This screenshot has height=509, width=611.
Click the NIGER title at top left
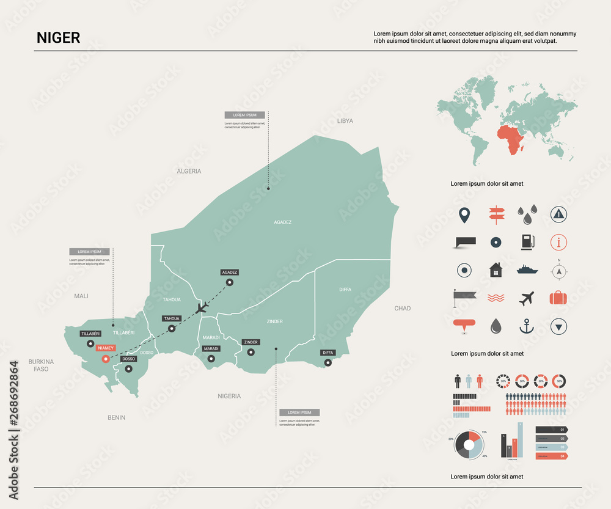coord(58,38)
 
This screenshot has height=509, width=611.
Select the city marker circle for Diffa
coord(328,362)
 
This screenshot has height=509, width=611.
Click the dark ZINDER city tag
coord(251,342)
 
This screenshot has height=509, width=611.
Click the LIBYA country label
coord(345,121)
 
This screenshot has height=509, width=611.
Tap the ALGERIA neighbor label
coord(189,171)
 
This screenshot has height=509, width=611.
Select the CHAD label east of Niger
coord(403,309)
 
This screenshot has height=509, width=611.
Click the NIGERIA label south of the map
coord(229,396)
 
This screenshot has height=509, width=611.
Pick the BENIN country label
coord(116,418)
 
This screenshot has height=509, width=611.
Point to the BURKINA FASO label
coord(41,365)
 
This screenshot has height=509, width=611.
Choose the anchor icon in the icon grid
coord(526,326)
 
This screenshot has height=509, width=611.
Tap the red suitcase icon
coord(558,298)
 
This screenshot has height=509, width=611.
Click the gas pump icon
coord(527,242)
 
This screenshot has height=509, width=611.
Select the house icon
coord(495,269)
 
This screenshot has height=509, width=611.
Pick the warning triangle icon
coord(558,213)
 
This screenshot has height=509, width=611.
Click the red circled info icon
coord(558,242)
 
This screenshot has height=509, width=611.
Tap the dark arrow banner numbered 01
coord(552,430)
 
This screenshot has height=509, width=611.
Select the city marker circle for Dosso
coord(128,368)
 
